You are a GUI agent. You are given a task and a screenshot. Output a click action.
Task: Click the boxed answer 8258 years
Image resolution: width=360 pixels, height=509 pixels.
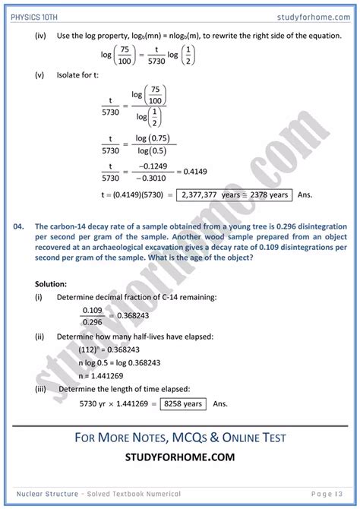[x=182, y=403]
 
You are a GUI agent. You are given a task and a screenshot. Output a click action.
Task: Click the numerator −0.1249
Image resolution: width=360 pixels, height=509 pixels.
[x=150, y=166]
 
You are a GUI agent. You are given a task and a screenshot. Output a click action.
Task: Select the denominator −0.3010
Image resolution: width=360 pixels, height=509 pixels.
[x=150, y=178]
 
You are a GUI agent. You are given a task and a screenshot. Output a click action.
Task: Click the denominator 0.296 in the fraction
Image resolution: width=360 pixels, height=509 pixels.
[x=93, y=322]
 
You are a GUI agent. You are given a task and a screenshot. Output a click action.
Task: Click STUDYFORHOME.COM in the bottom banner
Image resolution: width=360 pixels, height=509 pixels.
[x=179, y=457]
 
